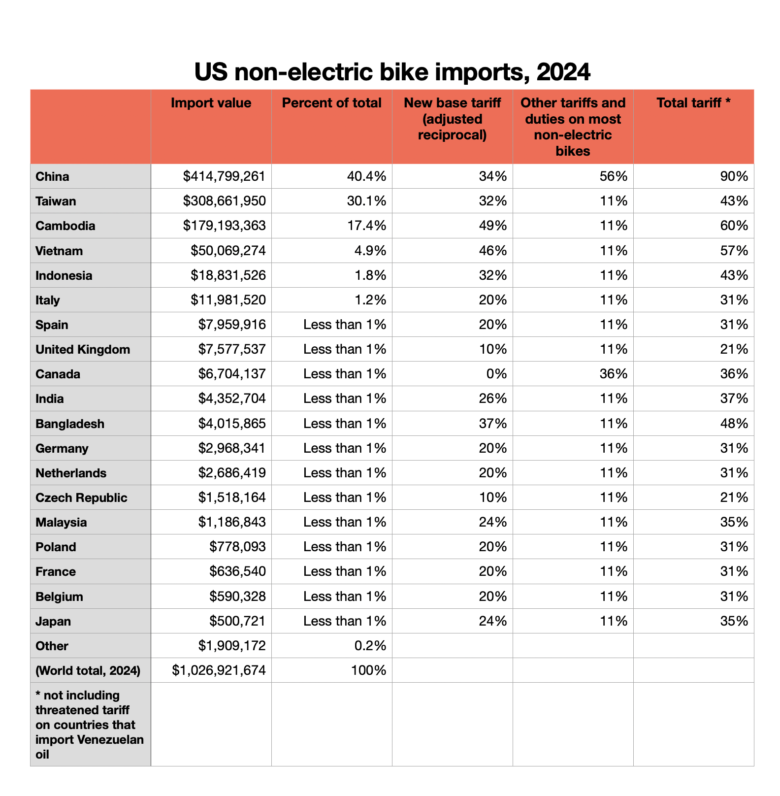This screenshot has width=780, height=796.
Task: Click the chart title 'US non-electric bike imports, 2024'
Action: (x=392, y=72)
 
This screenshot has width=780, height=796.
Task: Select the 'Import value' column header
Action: (x=211, y=103)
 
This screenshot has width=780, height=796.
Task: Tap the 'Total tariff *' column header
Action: (x=693, y=103)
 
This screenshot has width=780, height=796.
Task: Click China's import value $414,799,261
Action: (x=224, y=176)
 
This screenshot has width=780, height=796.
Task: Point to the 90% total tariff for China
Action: (x=734, y=176)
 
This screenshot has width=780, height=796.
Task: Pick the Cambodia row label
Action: (x=65, y=226)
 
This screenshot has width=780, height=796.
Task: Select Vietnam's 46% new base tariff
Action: (x=493, y=251)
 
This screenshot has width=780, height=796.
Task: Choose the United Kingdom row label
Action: (x=83, y=350)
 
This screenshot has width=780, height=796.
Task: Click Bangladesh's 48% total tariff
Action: (x=734, y=424)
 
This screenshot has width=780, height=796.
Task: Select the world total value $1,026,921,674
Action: (x=219, y=670)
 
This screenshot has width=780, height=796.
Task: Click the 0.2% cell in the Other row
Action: (x=370, y=646)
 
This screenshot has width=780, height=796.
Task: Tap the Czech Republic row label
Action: (x=81, y=498)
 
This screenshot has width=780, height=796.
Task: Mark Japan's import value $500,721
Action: (x=237, y=621)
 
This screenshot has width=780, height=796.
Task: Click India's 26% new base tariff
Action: (x=493, y=398)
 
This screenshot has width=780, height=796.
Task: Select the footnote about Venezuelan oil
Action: (x=90, y=725)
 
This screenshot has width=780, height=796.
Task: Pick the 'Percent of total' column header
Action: (x=331, y=103)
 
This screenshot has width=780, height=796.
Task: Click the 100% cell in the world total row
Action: (x=368, y=670)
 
